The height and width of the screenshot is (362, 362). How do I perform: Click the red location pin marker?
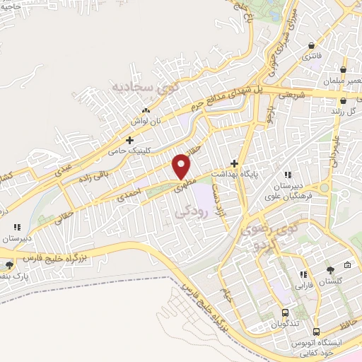pyautogui.click(x=182, y=166)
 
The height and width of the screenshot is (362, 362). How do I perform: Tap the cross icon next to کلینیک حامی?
pyautogui.click(x=129, y=140)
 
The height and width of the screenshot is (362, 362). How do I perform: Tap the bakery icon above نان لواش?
pyautogui.click(x=146, y=110)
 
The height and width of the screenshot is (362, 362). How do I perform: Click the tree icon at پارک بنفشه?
pyautogui.click(x=9, y=265)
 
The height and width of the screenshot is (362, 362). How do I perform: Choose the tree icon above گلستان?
pyautogui.click(x=330, y=269)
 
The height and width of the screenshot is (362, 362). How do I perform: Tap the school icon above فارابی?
pyautogui.click(x=302, y=274)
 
